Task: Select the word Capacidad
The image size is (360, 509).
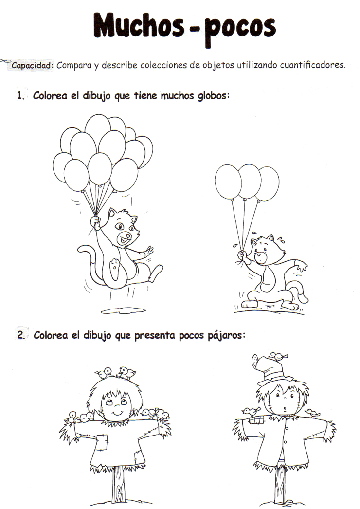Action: tap(32, 66)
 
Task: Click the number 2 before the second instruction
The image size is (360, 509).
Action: tap(20, 336)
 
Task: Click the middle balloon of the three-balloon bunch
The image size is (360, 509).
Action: tap(250, 181)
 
